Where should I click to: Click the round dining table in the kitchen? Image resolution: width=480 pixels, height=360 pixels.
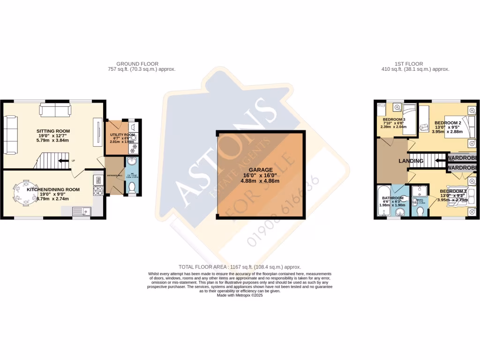tap(22, 193)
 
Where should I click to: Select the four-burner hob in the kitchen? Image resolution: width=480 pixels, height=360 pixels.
tap(99, 190)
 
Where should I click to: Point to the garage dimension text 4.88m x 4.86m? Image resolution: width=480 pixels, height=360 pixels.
tap(261, 181)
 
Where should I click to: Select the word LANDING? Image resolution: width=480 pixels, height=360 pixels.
tap(411, 161)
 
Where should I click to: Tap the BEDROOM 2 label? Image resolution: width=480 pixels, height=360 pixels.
tap(447, 122)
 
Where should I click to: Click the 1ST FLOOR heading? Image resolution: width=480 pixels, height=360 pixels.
tap(409, 64)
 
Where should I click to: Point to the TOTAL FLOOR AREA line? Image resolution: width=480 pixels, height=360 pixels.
tap(240, 267)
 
